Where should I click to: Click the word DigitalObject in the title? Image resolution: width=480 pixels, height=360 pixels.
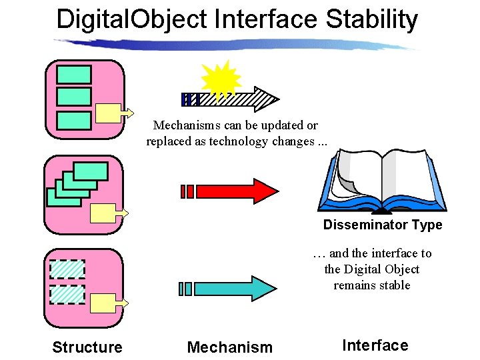pyautogui.click(x=132, y=19)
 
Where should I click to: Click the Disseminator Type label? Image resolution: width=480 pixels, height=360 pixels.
pyautogui.click(x=383, y=225)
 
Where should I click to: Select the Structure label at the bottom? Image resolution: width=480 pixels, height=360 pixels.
pyautogui.click(x=87, y=347)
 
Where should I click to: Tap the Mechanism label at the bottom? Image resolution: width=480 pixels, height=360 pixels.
pyautogui.click(x=230, y=347)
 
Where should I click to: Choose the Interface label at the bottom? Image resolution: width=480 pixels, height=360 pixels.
pyautogui.click(x=375, y=345)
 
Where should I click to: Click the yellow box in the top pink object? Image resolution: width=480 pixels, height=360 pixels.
pyautogui.click(x=109, y=113)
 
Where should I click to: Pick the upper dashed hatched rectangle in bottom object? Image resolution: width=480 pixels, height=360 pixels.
pyautogui.click(x=67, y=269)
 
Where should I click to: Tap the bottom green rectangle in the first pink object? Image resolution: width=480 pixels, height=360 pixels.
pyautogui.click(x=74, y=121)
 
